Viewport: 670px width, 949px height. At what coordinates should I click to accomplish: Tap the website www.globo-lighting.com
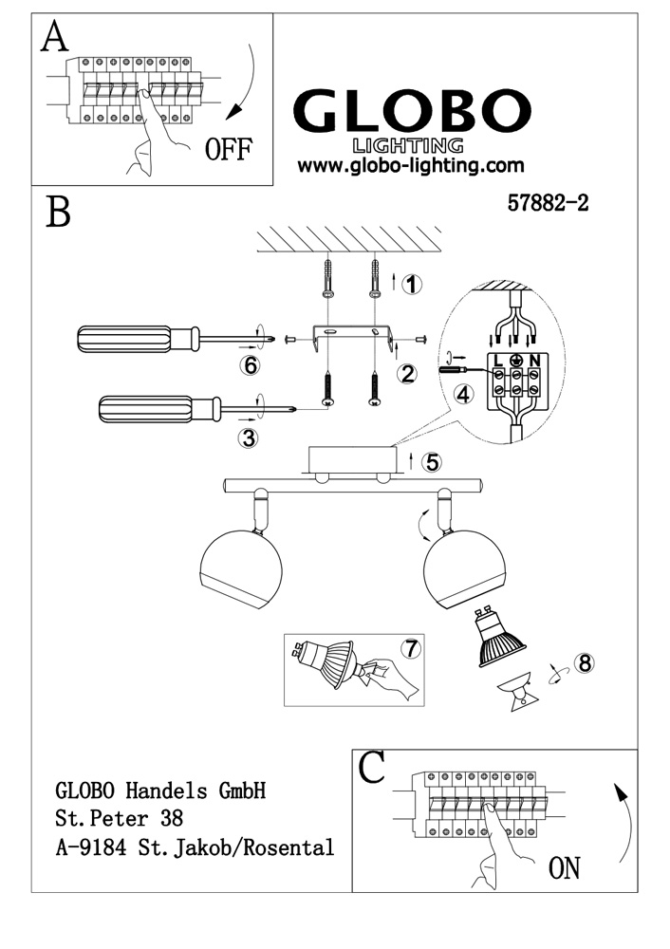(x=411, y=165)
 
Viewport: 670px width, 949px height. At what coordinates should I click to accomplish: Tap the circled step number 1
(x=410, y=284)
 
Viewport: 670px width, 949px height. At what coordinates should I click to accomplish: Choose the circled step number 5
(x=431, y=462)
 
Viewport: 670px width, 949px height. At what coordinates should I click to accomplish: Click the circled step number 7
(x=410, y=649)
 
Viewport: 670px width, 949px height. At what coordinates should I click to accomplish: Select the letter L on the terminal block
(x=495, y=360)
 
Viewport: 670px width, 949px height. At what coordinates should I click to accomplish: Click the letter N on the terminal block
(x=534, y=360)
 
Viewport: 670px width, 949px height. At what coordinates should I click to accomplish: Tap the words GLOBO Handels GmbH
(x=159, y=790)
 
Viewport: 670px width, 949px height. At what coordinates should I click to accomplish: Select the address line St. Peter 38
(x=120, y=817)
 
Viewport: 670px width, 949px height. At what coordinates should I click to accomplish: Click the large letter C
(x=373, y=767)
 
